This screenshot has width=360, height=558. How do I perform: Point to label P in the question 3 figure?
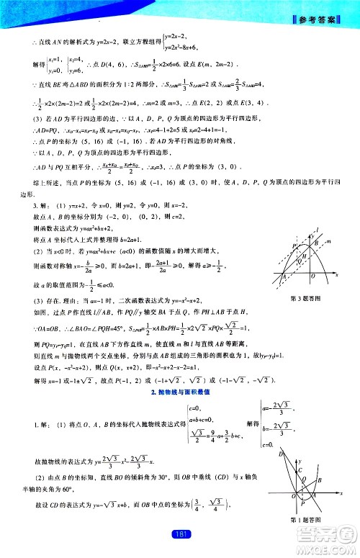pos(294,247)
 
